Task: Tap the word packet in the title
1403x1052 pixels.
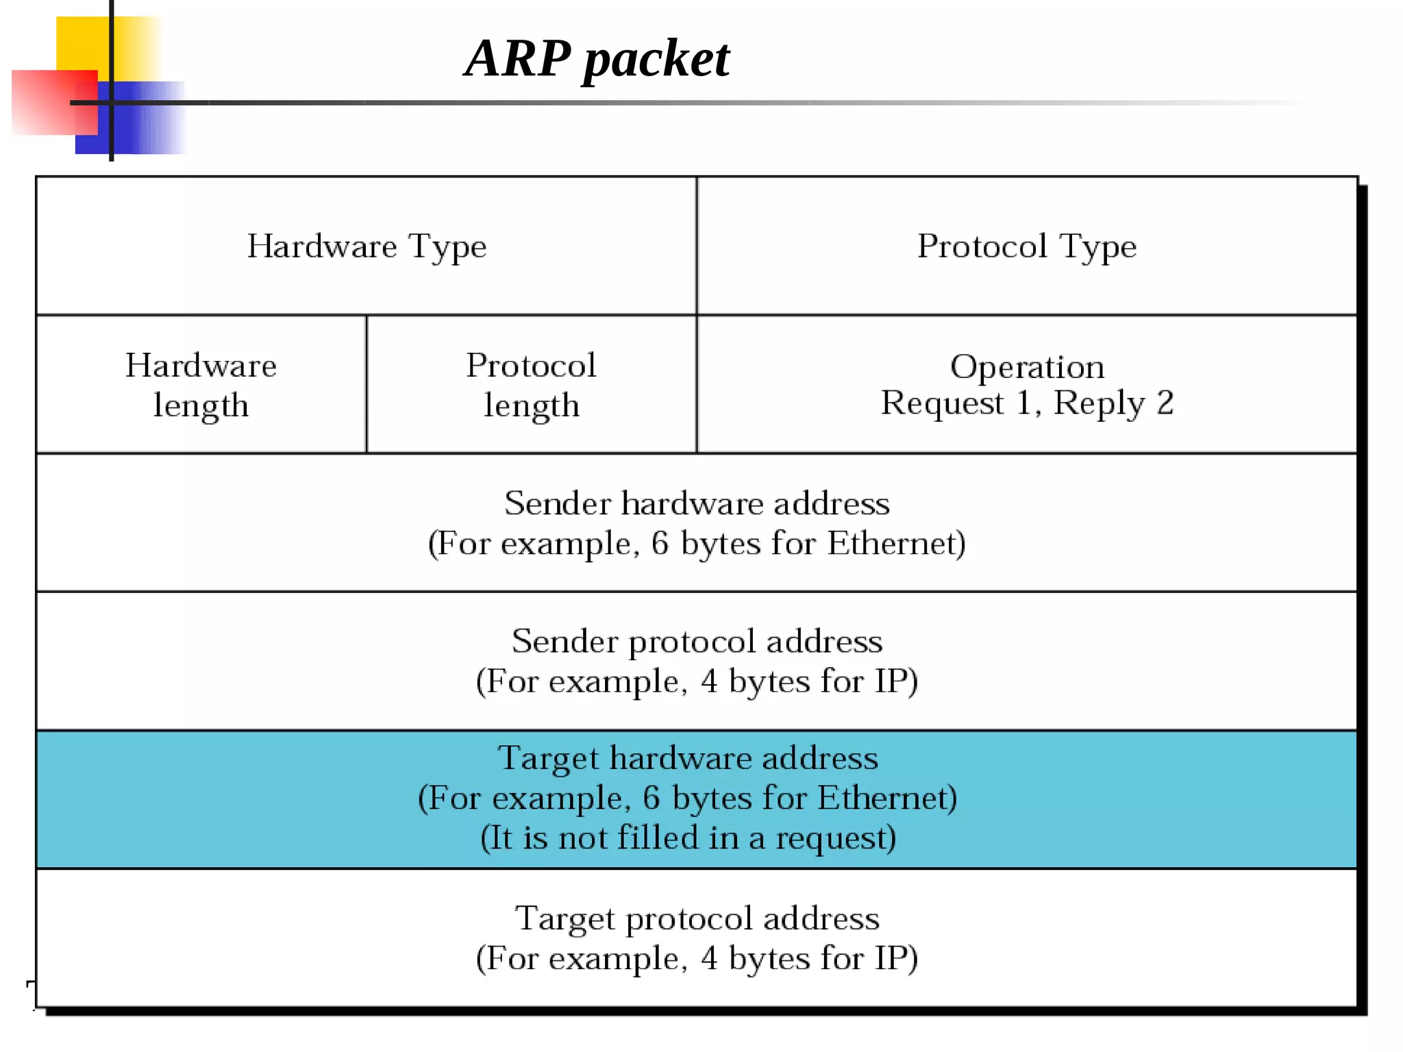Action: click(656, 60)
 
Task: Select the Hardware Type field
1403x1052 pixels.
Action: click(367, 246)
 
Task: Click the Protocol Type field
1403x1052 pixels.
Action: click(1026, 246)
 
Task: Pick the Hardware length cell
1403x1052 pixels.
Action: click(201, 384)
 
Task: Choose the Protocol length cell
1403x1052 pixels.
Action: click(531, 384)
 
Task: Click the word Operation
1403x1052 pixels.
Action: click(1027, 366)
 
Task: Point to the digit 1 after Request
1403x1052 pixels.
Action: click(1024, 403)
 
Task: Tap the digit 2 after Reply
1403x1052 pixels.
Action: click(1165, 403)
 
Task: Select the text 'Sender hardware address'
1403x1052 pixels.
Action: click(697, 503)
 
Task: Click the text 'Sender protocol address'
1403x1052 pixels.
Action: click(697, 642)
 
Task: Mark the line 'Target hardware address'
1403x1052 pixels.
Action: click(688, 758)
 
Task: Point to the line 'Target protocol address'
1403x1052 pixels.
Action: click(697, 918)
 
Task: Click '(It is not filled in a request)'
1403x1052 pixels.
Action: click(688, 838)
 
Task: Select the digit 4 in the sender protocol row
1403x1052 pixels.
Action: click(709, 681)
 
